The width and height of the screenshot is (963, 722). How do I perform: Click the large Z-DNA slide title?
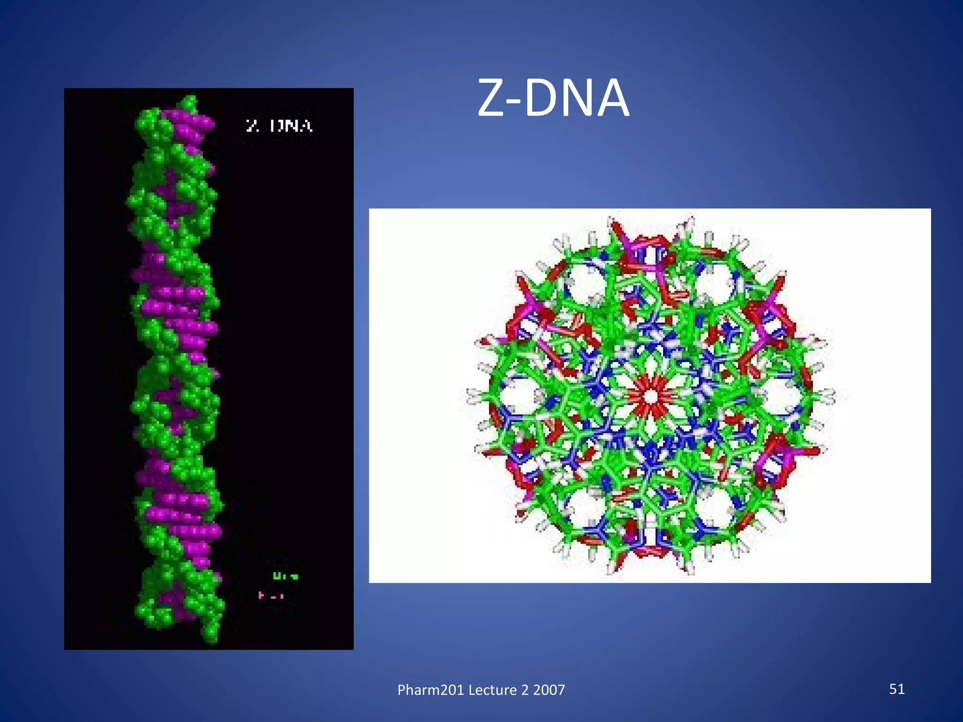(553, 99)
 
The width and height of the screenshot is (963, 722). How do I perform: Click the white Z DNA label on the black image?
(279, 126)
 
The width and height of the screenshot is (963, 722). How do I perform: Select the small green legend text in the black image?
(285, 576)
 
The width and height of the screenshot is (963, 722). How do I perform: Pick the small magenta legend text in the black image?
(271, 596)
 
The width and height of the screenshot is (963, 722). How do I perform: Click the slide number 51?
(897, 689)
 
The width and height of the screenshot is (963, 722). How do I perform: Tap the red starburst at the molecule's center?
(650, 396)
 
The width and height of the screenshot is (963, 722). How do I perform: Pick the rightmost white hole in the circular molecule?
(783, 396)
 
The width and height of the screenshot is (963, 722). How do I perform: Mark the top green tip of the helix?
(189, 101)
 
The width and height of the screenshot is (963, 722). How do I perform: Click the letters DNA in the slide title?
(576, 99)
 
